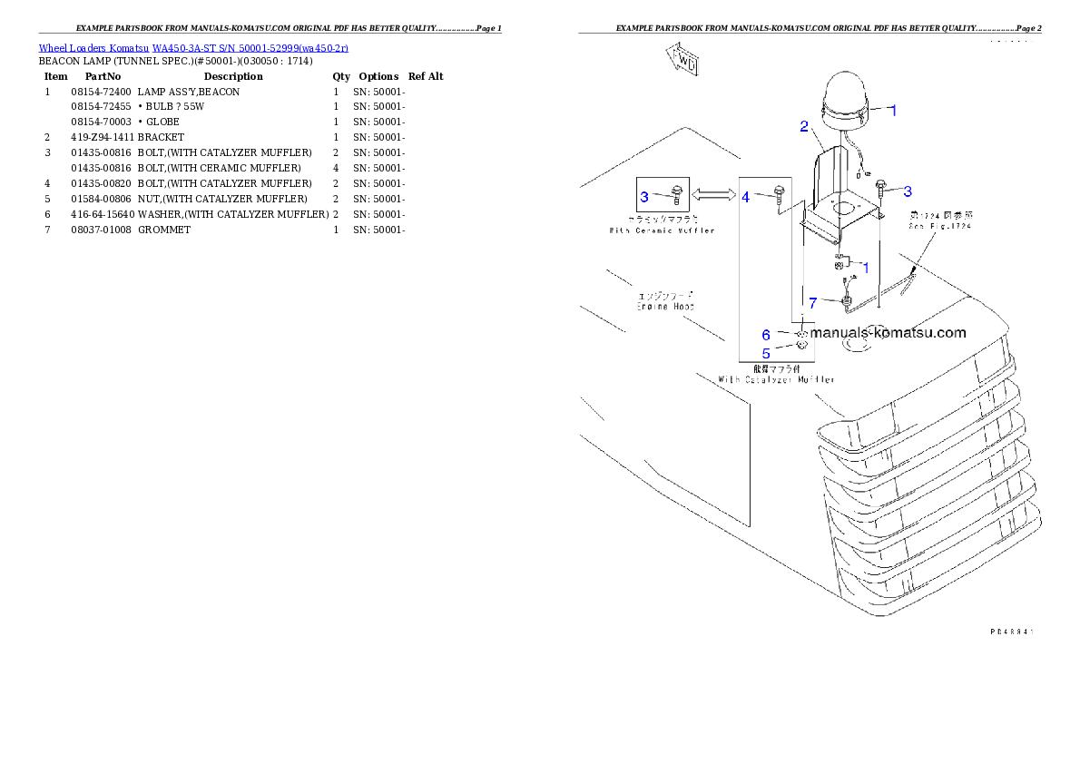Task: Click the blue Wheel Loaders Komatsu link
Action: pyautogui.click(x=193, y=47)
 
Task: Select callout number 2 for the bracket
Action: pyautogui.click(x=804, y=126)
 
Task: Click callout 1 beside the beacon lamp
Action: pyautogui.click(x=892, y=110)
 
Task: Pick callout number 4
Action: pyautogui.click(x=746, y=196)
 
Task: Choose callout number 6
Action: pyautogui.click(x=766, y=335)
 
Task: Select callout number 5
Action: pyautogui.click(x=766, y=353)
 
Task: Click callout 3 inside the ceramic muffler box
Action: pyautogui.click(x=644, y=196)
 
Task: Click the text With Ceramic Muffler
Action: pyautogui.click(x=662, y=230)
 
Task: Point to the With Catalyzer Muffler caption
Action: pyautogui.click(x=776, y=378)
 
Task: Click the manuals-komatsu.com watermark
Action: pyautogui.click(x=888, y=333)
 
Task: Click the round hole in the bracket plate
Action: pyautogui.click(x=842, y=208)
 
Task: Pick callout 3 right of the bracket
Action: pyautogui.click(x=907, y=191)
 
